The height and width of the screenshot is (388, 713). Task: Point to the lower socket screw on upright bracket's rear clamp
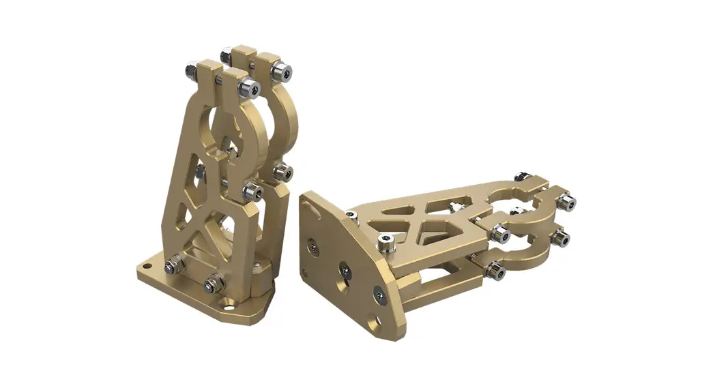(285, 171)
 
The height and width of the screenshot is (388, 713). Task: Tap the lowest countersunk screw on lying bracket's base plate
(379, 295)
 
